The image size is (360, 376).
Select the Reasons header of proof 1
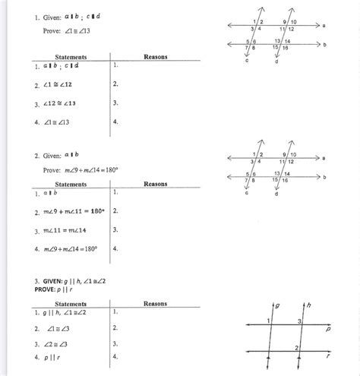pos(155,57)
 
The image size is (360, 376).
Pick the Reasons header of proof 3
pos(155,303)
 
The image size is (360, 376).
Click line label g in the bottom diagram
pos(276,305)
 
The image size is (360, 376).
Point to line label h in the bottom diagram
pos(310,305)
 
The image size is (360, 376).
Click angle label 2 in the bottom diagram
pos(297,347)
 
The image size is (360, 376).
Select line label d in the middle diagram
pos(275,194)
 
